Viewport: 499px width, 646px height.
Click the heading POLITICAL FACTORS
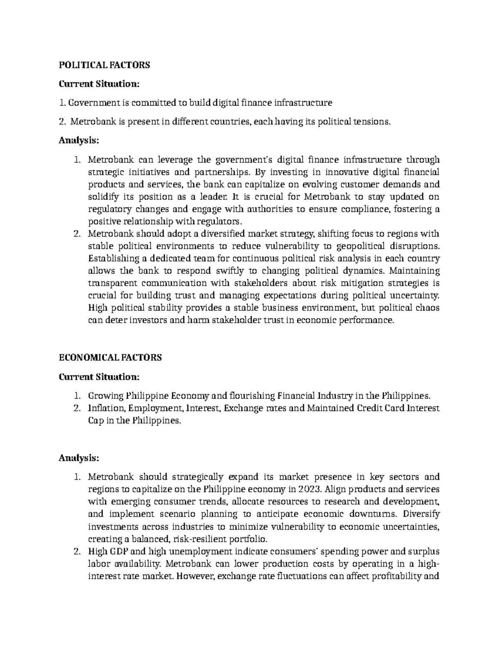click(104, 65)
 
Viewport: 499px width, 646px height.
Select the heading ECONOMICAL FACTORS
click(110, 358)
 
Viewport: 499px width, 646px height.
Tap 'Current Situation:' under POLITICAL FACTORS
click(99, 84)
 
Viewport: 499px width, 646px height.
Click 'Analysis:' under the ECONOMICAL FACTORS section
click(79, 458)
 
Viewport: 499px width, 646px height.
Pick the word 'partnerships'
click(222, 172)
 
